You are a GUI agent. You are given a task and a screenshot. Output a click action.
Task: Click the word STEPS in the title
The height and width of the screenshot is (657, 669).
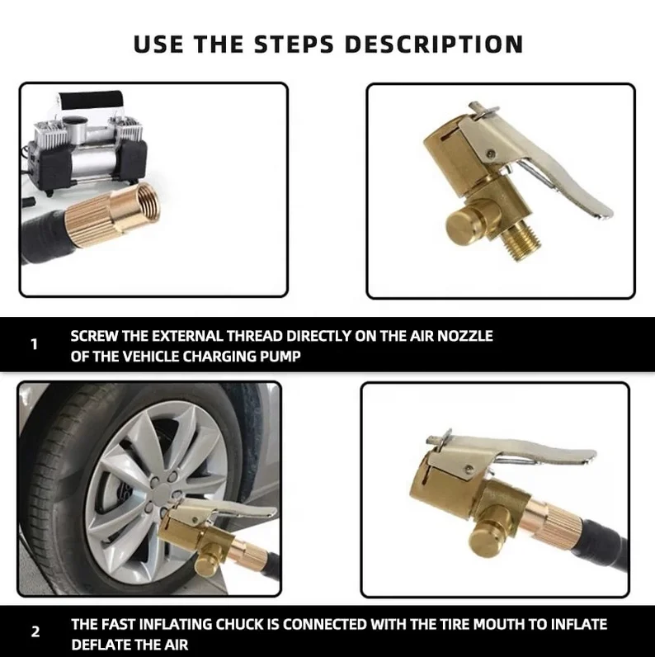pos(294,44)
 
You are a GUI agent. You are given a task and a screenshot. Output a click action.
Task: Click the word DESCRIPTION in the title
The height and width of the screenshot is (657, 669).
pos(433,44)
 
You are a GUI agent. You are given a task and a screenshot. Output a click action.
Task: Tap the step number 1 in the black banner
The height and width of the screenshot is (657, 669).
pos(35,344)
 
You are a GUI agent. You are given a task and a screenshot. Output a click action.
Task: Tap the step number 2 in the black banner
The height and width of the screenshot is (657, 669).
pos(35,631)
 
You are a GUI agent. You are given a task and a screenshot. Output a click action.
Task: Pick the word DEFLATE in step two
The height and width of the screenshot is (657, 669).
pos(100,644)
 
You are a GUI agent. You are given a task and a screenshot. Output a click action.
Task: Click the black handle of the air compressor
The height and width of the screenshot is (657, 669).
pos(91,102)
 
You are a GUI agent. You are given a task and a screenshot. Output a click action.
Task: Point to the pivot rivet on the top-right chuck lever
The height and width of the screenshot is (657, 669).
pos(492,153)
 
